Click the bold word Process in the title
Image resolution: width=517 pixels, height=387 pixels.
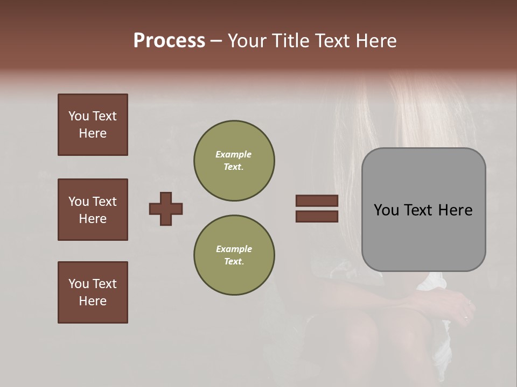pos(169,41)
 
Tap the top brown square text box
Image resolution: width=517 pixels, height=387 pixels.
pos(93,125)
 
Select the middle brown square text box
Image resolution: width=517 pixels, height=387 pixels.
pos(93,210)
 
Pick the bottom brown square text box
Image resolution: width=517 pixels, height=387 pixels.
pos(93,292)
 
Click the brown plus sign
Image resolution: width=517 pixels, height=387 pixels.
pos(166,209)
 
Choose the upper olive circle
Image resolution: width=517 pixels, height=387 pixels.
pos(234,161)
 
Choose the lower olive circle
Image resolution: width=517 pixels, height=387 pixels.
pos(234,255)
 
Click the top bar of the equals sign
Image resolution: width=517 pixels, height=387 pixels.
pos(317,200)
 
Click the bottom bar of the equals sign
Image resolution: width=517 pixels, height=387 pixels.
pos(317,217)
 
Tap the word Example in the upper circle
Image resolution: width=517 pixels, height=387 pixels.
pos(234,154)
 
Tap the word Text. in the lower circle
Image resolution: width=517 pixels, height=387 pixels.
pos(234,262)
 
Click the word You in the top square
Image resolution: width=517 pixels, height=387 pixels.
pos(79,116)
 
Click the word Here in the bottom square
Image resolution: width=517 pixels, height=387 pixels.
pos(93,301)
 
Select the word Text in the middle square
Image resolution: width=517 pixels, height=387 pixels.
pos(104,202)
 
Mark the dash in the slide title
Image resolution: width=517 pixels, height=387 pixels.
pos(216,41)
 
